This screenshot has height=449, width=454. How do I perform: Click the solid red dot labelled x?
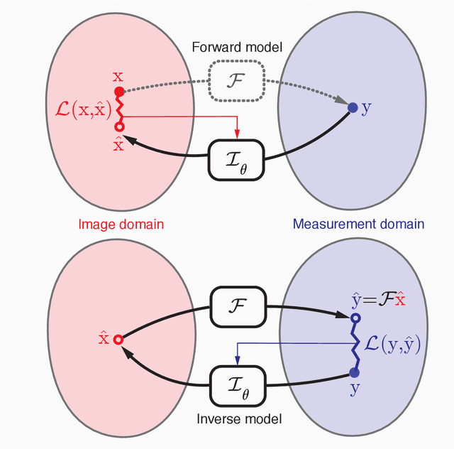coord(119,92)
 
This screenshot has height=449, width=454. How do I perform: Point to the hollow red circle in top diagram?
coord(119,126)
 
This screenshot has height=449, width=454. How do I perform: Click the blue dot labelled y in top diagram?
coord(353,108)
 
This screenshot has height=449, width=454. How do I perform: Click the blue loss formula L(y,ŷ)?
coord(392,346)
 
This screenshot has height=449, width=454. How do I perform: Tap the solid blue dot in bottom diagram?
coord(355,372)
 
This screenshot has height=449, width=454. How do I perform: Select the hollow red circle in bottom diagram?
coord(118,340)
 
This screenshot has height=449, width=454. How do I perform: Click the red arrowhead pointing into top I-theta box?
coord(237,136)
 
